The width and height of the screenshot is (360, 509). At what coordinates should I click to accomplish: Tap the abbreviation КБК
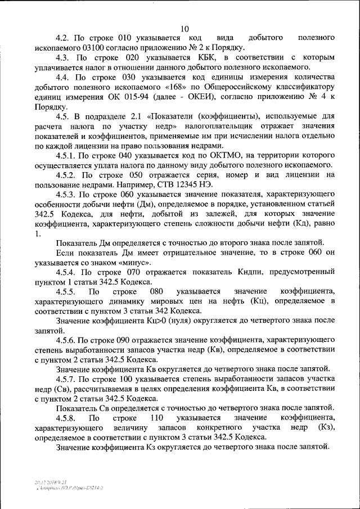click(199, 57)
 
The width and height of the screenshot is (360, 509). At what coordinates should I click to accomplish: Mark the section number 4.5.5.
click(66, 292)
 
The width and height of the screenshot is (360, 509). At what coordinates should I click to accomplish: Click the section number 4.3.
click(63, 57)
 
